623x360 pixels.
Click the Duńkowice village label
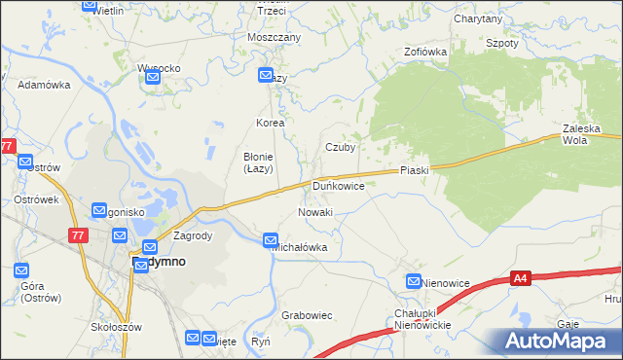[338, 185]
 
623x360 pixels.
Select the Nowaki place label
[314, 212]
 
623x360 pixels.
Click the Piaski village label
[414, 170]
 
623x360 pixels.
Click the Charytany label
[477, 18]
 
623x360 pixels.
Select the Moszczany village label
[275, 37]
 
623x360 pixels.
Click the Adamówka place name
[45, 85]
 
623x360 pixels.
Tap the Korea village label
[270, 124]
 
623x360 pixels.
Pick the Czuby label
[340, 148]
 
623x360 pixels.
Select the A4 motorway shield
[524, 279]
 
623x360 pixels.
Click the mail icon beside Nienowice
[414, 282]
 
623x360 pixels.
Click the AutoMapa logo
[551, 341]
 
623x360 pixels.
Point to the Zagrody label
[192, 235]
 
